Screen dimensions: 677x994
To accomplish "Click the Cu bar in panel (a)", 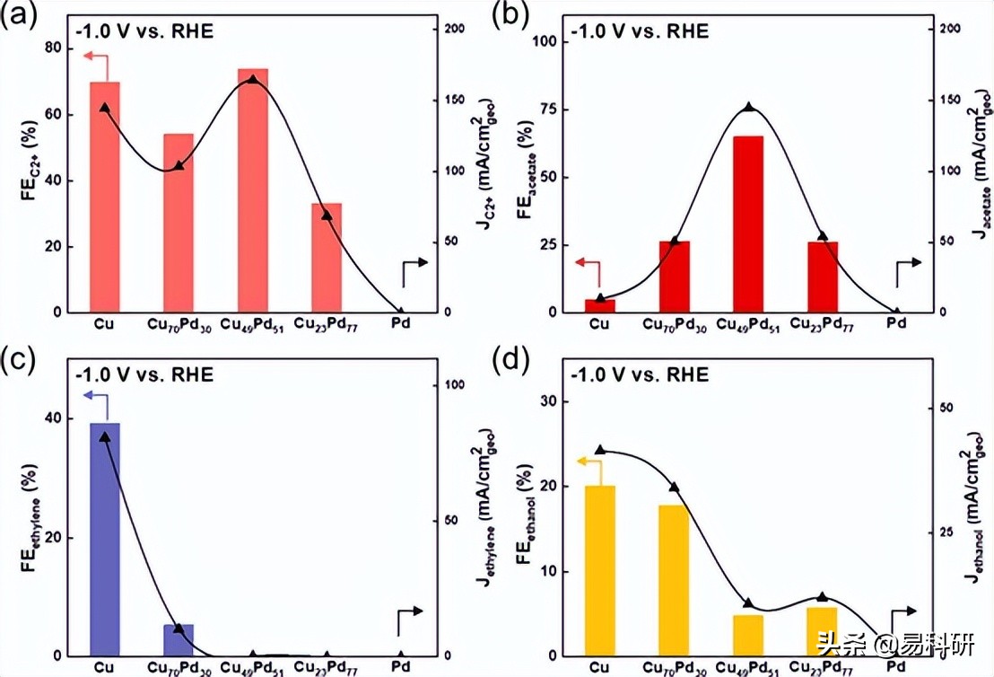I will click(105, 198).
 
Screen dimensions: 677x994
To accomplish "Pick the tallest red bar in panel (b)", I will click(748, 224).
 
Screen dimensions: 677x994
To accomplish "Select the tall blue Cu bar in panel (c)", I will click(105, 539).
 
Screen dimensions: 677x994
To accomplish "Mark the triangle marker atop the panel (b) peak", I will click(748, 108).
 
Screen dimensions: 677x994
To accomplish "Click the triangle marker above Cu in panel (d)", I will click(600, 450).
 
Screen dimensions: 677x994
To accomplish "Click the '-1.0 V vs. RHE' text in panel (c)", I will click(145, 374).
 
